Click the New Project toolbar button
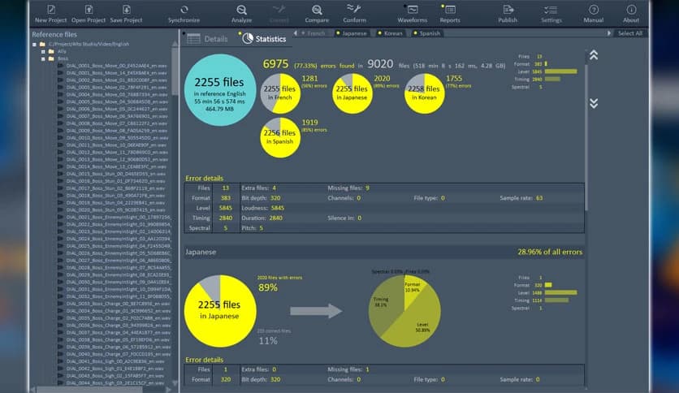(51, 12)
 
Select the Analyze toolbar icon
(241, 12)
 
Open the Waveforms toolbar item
(412, 12)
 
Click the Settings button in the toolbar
(551, 12)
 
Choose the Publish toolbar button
(508, 12)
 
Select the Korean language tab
(391, 33)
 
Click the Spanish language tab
(429, 33)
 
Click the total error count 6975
(275, 63)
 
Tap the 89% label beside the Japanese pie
(267, 288)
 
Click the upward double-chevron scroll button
(593, 55)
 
